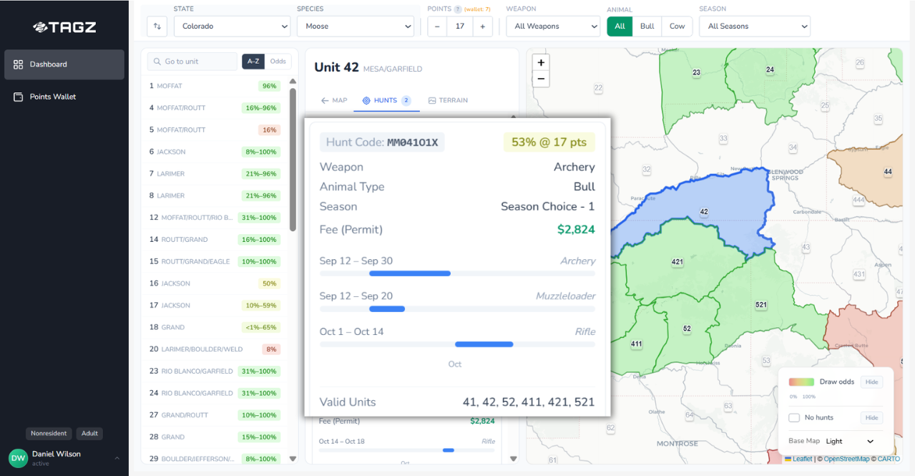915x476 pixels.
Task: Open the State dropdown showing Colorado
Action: pos(232,26)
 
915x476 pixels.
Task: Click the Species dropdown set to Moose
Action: pos(355,26)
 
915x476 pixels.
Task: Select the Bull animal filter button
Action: pos(647,26)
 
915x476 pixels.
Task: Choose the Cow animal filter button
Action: pos(677,26)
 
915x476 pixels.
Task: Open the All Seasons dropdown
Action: pos(754,26)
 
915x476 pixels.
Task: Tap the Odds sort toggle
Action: pos(278,62)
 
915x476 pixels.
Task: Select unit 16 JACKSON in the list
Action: pos(175,283)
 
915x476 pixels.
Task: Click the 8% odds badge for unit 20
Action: pos(270,349)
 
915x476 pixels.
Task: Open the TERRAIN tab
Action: pos(448,100)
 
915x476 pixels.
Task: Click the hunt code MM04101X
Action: pos(412,142)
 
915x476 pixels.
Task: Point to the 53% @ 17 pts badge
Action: pos(549,142)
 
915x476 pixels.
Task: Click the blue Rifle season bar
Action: pos(484,344)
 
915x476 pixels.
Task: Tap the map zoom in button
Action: pos(541,63)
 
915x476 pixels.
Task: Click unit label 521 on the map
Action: pos(760,305)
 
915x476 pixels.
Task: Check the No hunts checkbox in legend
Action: pos(794,417)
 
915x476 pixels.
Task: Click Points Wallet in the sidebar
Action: pos(53,97)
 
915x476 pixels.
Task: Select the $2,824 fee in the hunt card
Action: pos(576,230)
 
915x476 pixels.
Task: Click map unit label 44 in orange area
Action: pos(888,172)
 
